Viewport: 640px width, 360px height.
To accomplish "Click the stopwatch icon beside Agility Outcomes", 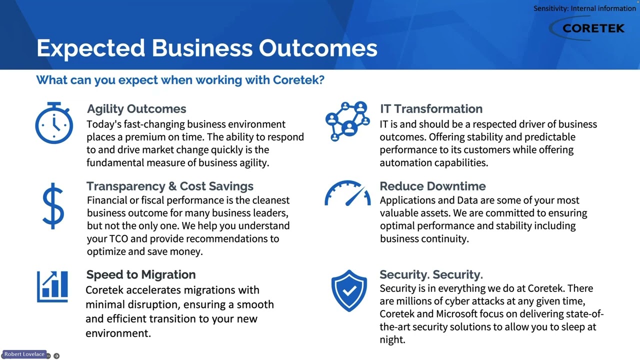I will click(x=54, y=123).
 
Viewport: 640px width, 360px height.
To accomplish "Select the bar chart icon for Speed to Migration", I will click(x=52, y=286).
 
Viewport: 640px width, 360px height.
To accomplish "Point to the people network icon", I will click(x=347, y=121).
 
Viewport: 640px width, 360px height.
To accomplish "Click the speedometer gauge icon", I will click(x=347, y=193).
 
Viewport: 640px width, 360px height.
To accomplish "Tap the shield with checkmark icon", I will click(x=349, y=290).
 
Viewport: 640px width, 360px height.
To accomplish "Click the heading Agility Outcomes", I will click(x=136, y=109).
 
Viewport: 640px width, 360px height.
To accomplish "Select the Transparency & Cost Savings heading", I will click(x=169, y=186).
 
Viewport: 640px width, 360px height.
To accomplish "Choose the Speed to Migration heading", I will click(x=140, y=274).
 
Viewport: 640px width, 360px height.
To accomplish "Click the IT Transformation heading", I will click(x=431, y=109).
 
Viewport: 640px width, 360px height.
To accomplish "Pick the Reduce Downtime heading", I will click(x=432, y=186).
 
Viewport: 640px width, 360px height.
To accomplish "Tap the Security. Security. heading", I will click(x=431, y=274).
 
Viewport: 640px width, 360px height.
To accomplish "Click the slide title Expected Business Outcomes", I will click(x=206, y=48).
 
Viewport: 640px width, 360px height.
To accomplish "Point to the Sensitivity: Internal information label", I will click(x=584, y=8).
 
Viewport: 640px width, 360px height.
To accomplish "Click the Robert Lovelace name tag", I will click(x=24, y=354).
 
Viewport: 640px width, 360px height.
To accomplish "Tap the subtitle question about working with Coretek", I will click(x=180, y=80).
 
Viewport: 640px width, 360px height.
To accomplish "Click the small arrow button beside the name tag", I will click(x=56, y=356).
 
